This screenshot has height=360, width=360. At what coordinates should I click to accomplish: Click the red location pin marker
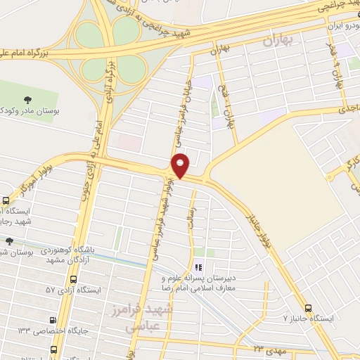tap(181, 165)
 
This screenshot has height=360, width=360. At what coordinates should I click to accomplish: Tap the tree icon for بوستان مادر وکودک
tap(26, 99)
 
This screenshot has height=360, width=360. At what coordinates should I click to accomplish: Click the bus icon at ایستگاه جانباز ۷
tap(308, 308)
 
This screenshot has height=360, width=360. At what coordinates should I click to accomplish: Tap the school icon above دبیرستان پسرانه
tap(198, 266)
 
